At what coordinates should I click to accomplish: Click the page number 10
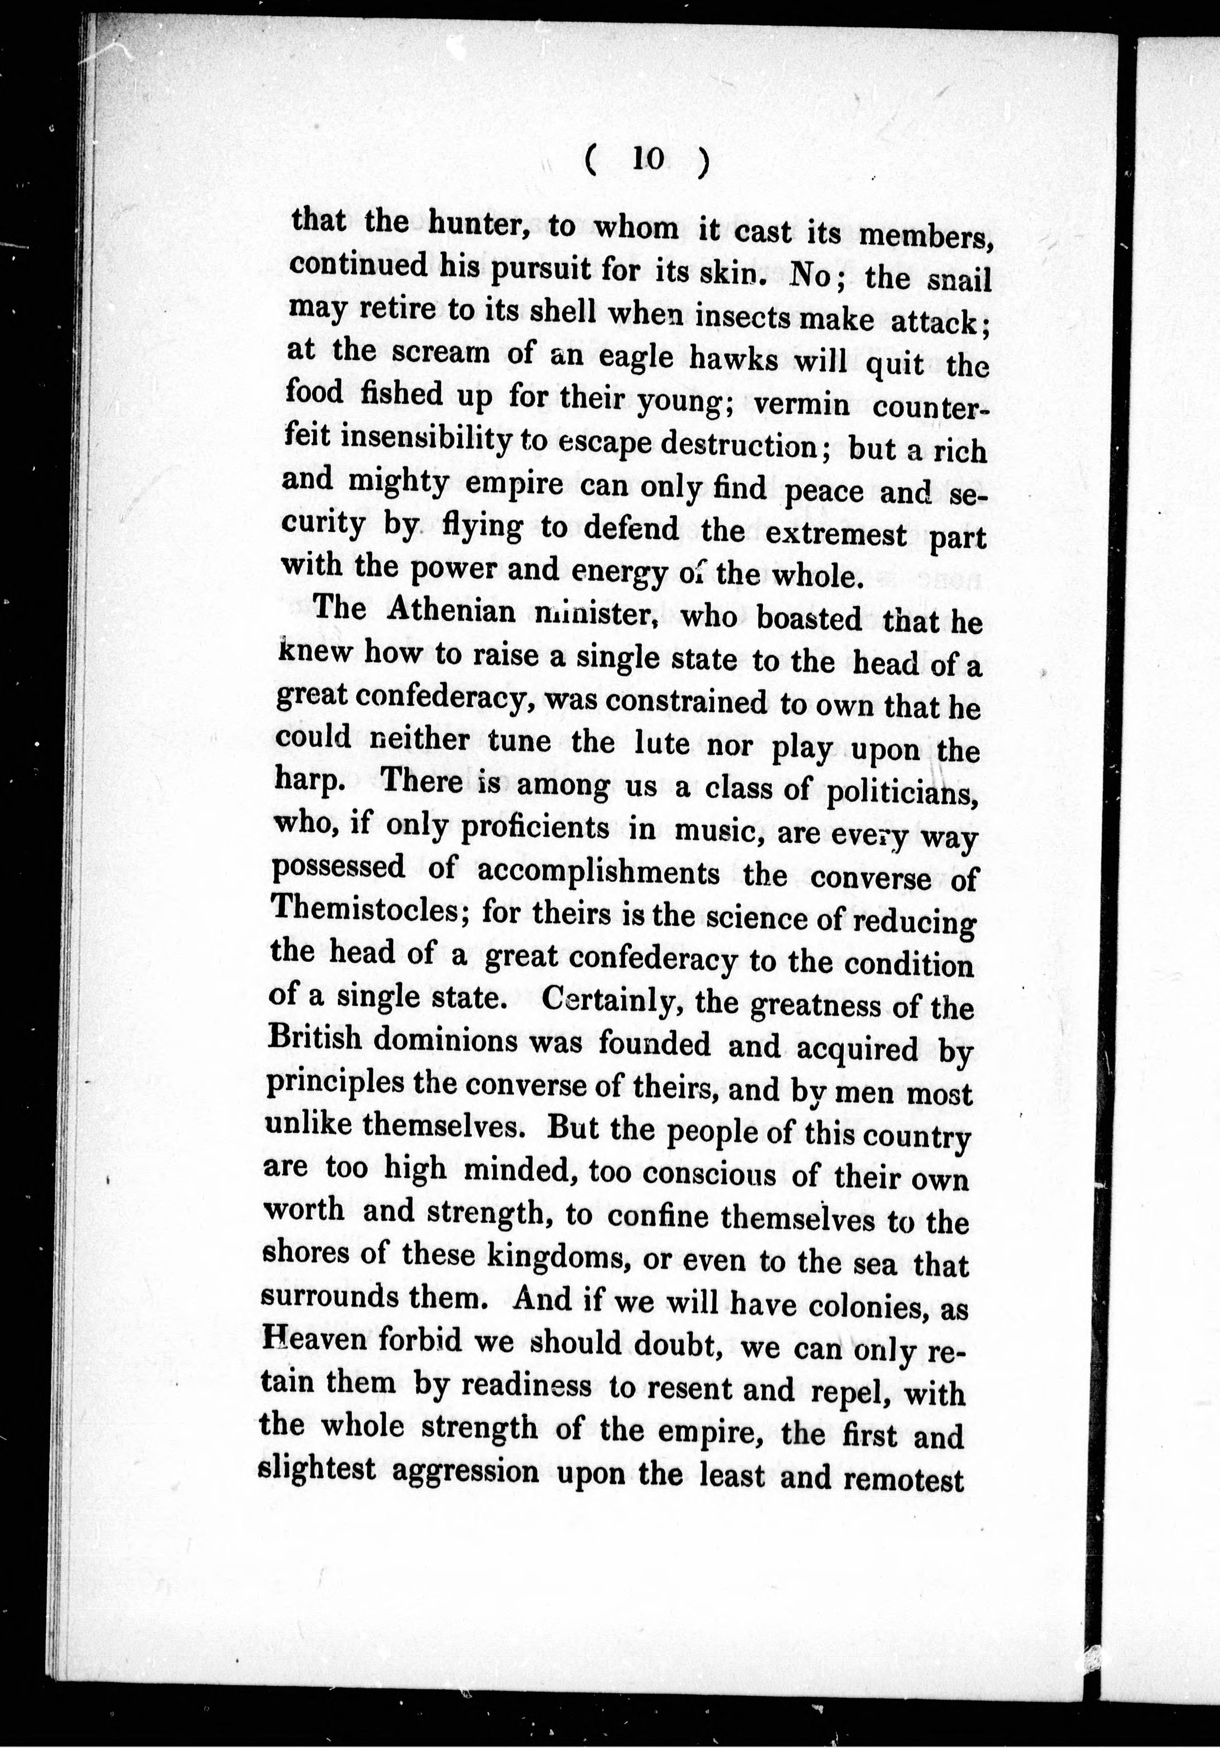click(x=649, y=158)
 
